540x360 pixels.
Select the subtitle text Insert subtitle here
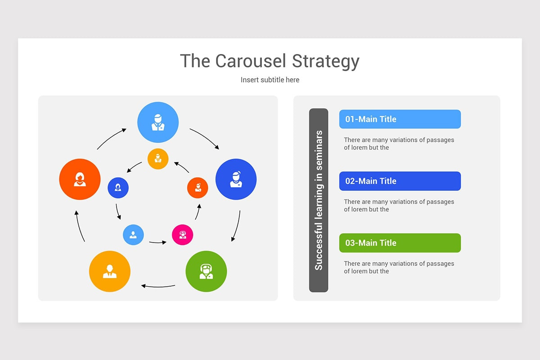coord(270,80)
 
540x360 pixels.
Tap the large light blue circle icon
coord(158,122)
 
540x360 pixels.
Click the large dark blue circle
coord(236,179)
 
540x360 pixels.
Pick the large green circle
coord(206,271)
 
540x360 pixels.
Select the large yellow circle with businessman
coord(110,271)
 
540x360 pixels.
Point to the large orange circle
coord(80,179)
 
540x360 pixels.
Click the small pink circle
coord(183,235)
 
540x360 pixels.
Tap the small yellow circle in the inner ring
coord(158,159)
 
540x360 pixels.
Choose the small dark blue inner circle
coord(118,188)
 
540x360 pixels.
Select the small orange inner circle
coord(198,188)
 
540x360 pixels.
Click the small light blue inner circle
coord(133,235)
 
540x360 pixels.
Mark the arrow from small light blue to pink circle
coord(158,243)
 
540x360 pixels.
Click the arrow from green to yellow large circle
coord(158,286)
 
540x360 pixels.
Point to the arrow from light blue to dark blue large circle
coord(204,138)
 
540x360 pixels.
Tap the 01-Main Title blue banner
coord(400,119)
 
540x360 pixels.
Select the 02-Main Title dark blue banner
coord(400,181)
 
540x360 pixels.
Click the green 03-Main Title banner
coord(400,243)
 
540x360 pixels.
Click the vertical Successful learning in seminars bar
coord(319,200)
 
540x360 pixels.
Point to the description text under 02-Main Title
coord(399,206)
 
